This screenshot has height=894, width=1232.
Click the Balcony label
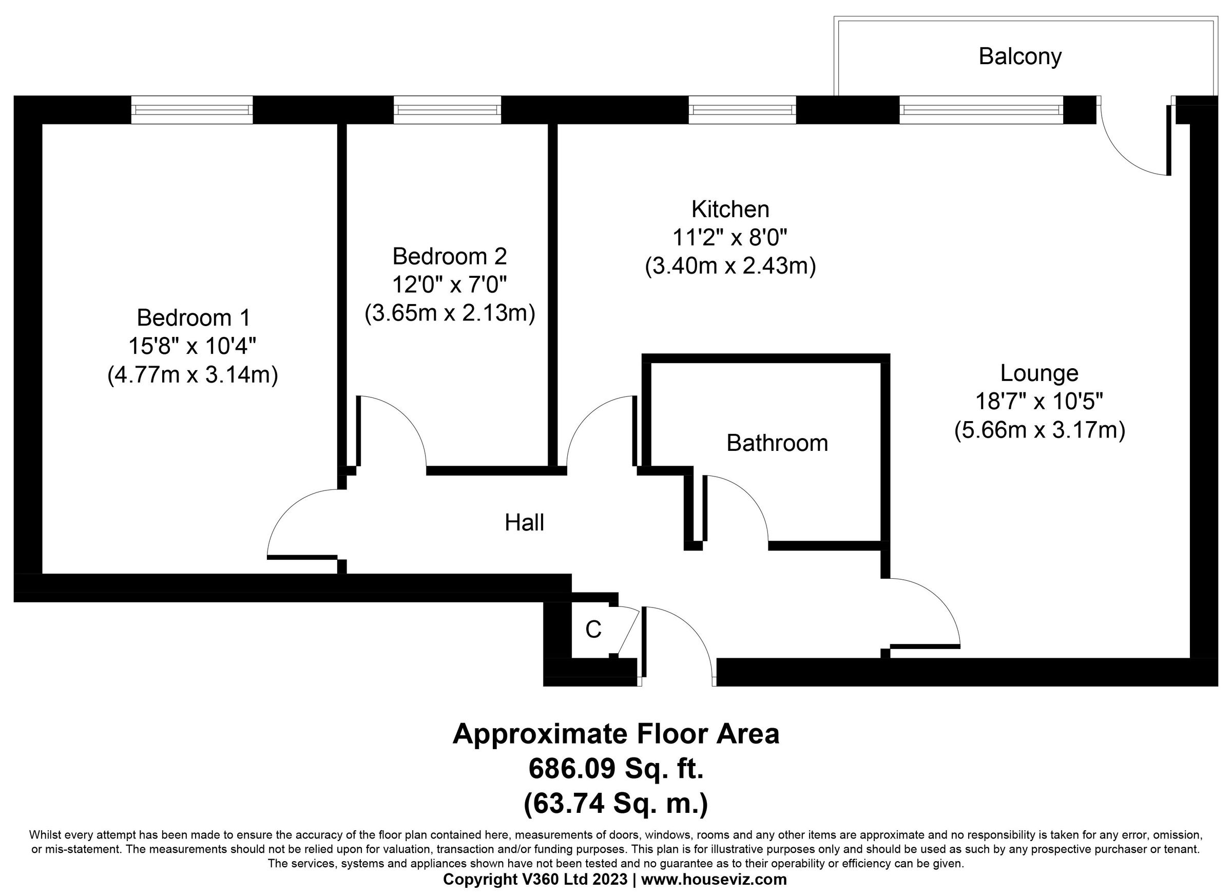point(1019,57)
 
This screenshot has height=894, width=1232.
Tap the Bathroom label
point(777,444)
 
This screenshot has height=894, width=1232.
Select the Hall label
point(524,523)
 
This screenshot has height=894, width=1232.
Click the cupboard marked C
point(593,630)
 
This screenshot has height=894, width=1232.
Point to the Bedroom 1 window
point(192,110)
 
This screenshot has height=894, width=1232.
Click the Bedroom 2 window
point(447,110)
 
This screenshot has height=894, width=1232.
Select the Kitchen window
point(742,110)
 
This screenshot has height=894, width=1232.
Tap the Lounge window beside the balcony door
point(981,110)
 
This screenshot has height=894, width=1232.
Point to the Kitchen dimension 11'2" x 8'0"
point(730,238)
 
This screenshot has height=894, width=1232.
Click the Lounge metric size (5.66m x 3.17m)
point(1039,430)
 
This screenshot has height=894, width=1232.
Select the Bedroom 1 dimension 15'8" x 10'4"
point(192,346)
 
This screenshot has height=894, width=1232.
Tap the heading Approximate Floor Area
point(616,734)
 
